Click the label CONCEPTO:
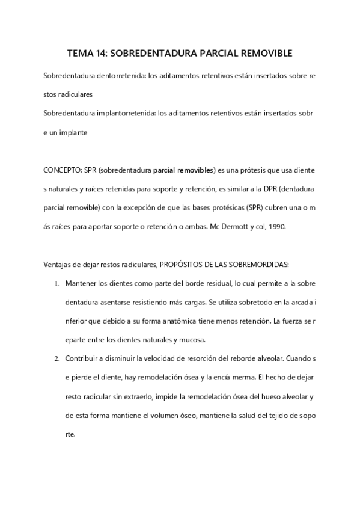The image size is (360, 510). (64, 170)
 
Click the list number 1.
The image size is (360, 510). (56, 283)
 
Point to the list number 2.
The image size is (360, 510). (56, 359)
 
